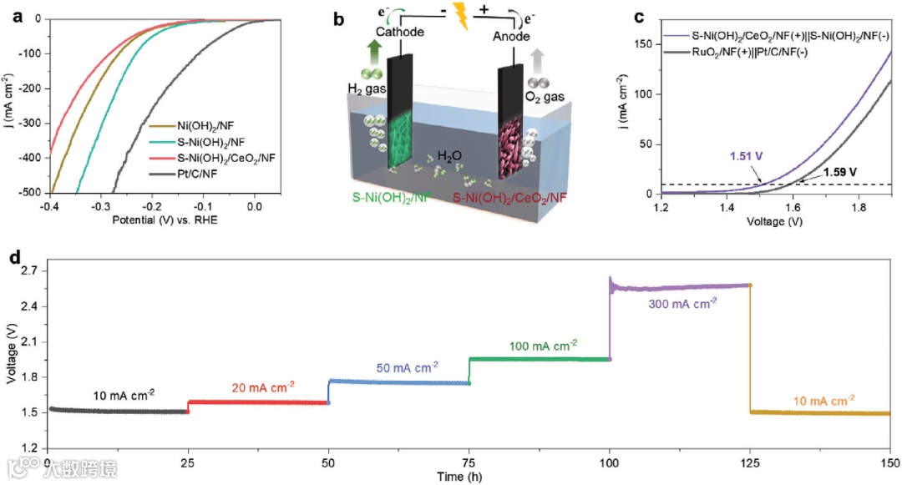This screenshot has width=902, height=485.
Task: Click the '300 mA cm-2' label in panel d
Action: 682,304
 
